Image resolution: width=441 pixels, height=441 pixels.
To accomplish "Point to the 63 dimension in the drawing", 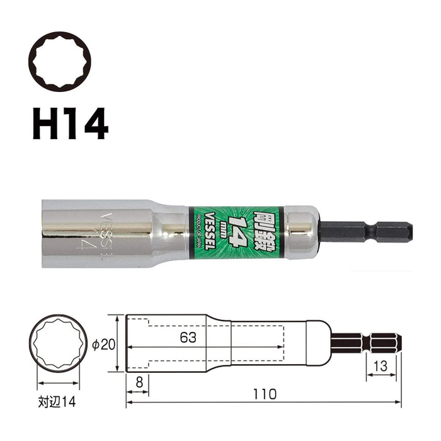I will click(x=187, y=338).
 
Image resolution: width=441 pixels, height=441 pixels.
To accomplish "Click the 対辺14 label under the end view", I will click(x=58, y=401).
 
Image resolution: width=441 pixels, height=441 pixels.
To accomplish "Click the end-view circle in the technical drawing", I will click(x=58, y=343).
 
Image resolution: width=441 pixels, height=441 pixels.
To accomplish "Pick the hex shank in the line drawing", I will click(x=365, y=343).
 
